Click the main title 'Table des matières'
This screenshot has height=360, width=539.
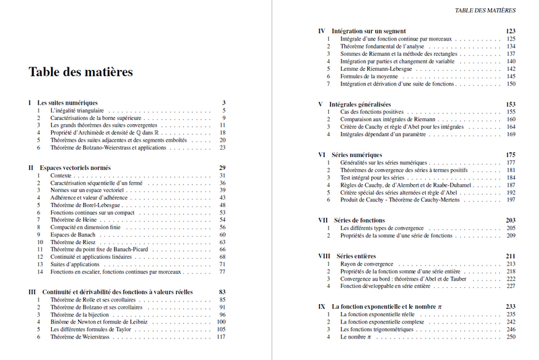coord(80,71)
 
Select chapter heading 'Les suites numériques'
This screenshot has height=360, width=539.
coord(67,102)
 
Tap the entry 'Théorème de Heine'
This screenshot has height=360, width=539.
coord(73,220)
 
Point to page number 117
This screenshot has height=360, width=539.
coord(220,336)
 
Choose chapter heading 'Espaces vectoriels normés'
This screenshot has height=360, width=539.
coord(73,167)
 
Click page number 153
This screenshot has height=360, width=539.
coord(510,104)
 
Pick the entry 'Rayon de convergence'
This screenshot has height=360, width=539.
coord(367,264)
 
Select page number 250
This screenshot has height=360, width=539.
coord(510,336)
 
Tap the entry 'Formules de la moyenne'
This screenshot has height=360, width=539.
coord(370,76)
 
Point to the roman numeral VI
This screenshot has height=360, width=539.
coord(321,155)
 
